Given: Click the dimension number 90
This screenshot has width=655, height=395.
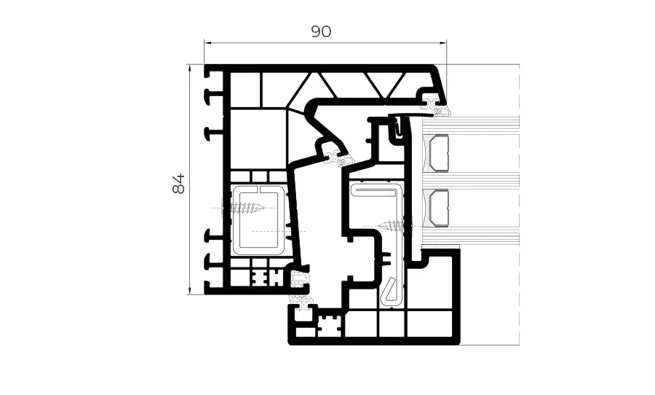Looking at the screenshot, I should click(x=321, y=31).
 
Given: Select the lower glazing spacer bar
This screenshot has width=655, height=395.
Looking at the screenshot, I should click(x=440, y=208).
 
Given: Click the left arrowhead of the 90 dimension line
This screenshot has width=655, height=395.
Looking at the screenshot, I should click(x=206, y=42).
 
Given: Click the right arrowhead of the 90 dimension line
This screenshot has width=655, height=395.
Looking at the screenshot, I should click(x=445, y=42).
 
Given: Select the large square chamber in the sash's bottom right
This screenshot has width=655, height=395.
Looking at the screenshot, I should click(x=432, y=292).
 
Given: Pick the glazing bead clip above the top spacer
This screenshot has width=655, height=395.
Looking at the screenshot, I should click(x=400, y=127).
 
